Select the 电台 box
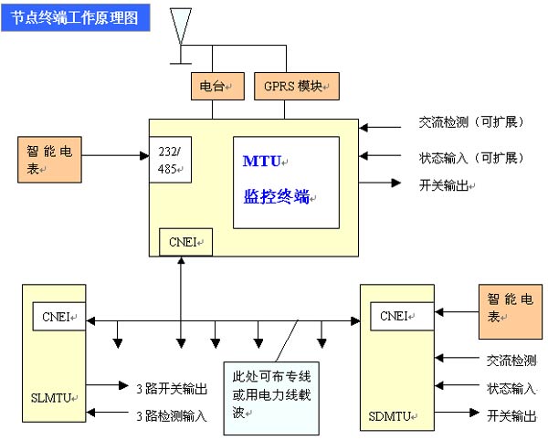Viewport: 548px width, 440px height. (213, 87)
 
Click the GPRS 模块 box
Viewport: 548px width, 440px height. (296, 87)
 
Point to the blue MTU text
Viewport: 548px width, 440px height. (262, 162)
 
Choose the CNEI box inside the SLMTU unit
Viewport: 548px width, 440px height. (58, 317)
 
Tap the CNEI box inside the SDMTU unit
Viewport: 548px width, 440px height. (396, 317)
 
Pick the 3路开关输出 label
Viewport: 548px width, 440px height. (170, 389)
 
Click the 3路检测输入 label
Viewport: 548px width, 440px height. (170, 415)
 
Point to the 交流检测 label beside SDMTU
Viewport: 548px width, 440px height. (510, 361)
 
